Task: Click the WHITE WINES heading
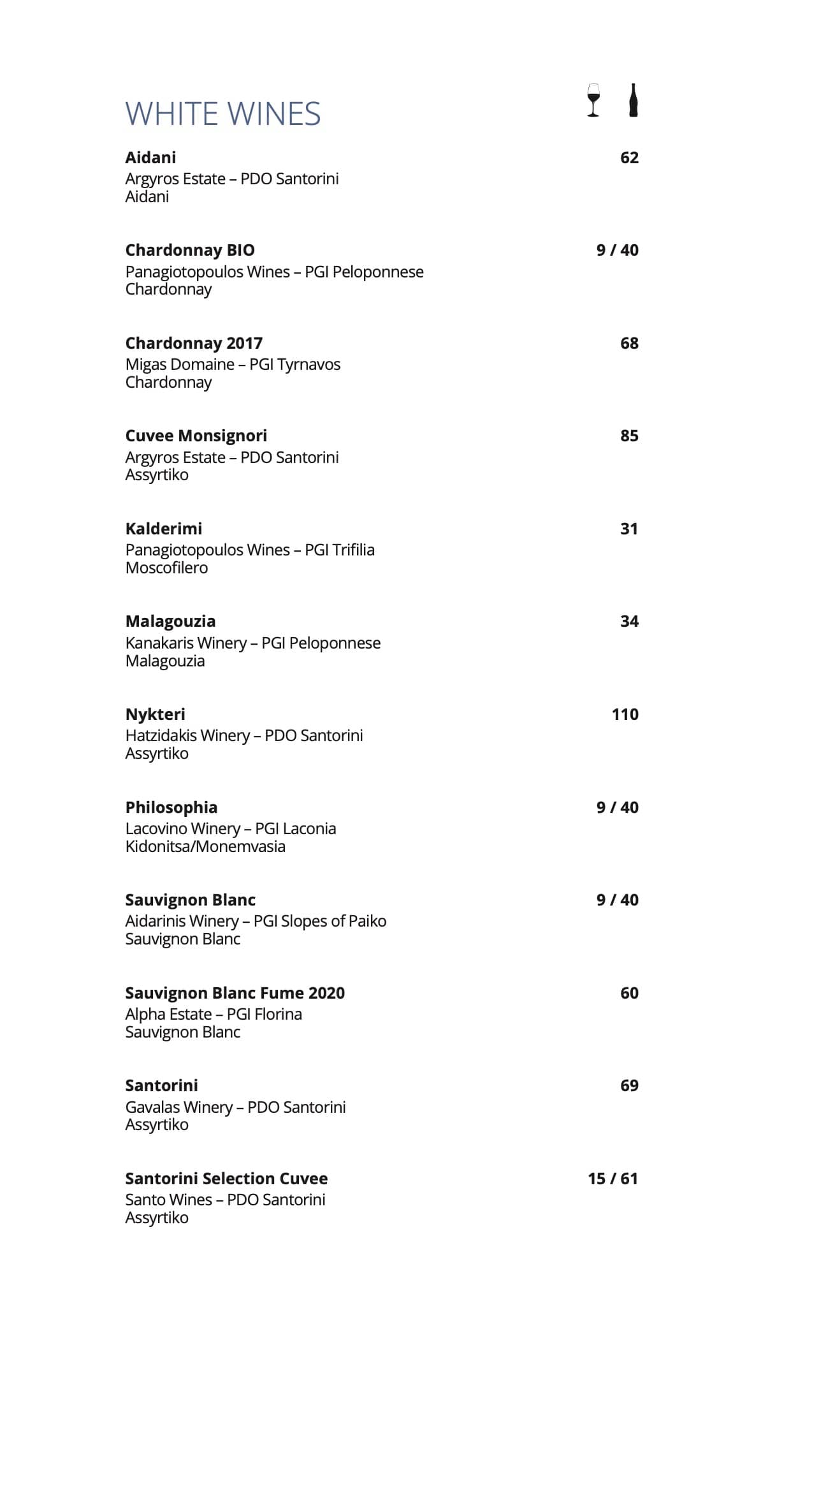[222, 114]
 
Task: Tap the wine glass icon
[593, 100]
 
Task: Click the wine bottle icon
[632, 100]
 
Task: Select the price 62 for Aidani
[629, 158]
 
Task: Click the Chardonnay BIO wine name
[190, 250]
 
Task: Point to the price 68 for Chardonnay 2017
[629, 343]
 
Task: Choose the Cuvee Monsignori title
[196, 436]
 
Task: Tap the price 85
[629, 436]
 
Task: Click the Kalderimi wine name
[164, 529]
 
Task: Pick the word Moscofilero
[166, 568]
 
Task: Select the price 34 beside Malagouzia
[629, 621]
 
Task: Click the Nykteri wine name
[155, 714]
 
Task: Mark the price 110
[625, 714]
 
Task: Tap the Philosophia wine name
[171, 807]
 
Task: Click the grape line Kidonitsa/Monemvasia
[205, 846]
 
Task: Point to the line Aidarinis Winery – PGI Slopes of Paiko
[256, 921]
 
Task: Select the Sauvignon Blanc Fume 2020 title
[235, 993]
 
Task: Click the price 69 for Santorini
[629, 1085]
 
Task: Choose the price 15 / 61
[613, 1179]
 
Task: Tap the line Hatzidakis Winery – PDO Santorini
[244, 735]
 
